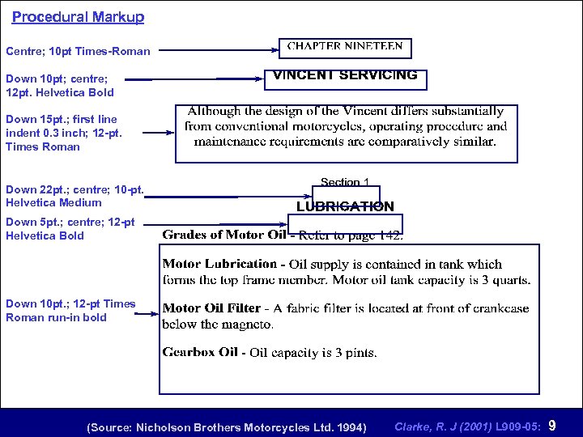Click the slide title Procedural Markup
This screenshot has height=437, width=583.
[78, 16]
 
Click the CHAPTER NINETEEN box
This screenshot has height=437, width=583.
[345, 48]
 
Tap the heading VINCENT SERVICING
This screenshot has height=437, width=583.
[346, 75]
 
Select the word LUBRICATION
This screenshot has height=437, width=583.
[345, 206]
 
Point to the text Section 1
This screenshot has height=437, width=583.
[344, 182]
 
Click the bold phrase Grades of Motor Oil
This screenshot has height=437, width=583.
[223, 235]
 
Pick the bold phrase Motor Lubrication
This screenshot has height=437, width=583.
[219, 264]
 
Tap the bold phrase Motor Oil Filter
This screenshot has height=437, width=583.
[211, 308]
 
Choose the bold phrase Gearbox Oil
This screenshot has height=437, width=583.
[201, 352]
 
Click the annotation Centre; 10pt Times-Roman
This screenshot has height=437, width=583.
[78, 51]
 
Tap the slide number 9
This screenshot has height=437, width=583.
[552, 426]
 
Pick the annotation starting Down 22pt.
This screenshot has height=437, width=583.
[74, 196]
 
